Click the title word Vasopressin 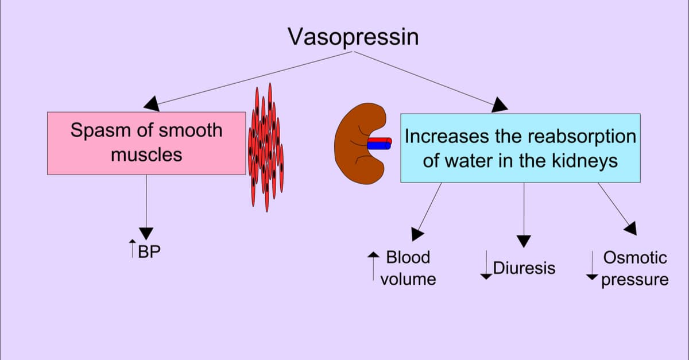click(353, 37)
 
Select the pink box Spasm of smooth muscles click(146, 143)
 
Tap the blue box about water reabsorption click(520, 148)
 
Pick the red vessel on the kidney click(379, 140)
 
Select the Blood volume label click(408, 268)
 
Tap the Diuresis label click(524, 268)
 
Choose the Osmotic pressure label click(635, 268)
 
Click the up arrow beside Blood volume click(373, 268)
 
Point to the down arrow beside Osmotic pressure click(592, 267)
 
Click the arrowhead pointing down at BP click(146, 233)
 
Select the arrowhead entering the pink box click(152, 104)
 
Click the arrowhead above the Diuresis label click(524, 241)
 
